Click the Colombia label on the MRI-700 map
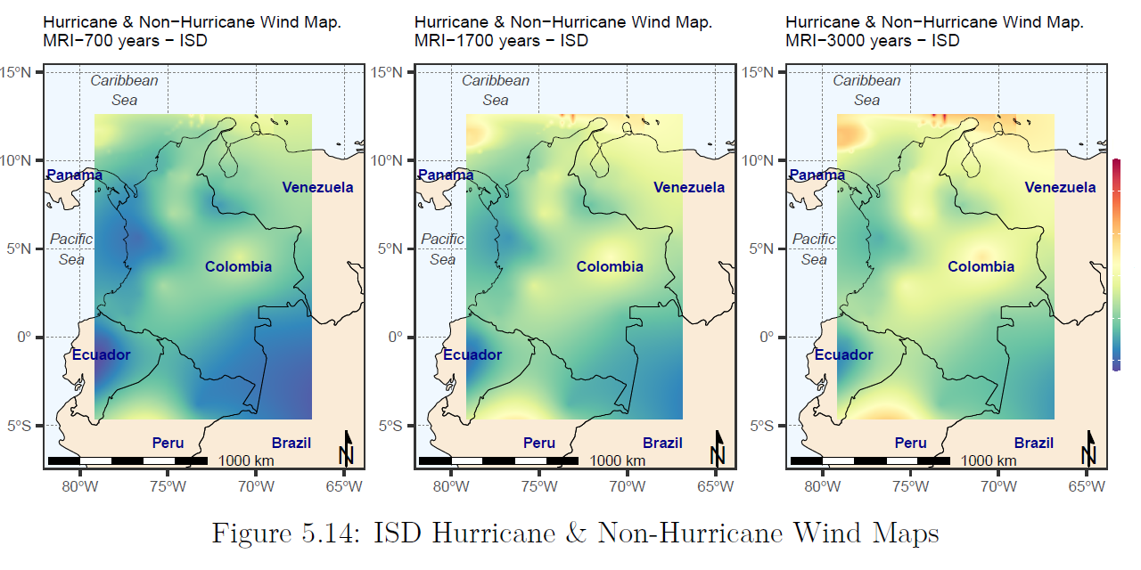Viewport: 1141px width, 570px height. click(x=238, y=266)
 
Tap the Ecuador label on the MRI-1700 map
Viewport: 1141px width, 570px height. click(x=472, y=354)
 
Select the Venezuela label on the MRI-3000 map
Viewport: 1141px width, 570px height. click(x=1060, y=187)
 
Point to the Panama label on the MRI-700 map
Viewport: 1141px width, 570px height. click(x=74, y=175)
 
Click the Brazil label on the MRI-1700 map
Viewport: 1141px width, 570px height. click(x=662, y=443)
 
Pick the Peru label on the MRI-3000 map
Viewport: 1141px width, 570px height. click(x=910, y=443)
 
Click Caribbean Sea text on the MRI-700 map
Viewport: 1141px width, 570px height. click(x=124, y=90)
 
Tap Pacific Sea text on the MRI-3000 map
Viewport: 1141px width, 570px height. click(x=814, y=248)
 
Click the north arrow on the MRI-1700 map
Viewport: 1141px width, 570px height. click(x=718, y=448)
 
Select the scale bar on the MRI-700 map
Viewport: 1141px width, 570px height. click(x=127, y=460)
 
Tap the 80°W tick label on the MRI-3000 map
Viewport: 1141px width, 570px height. click(x=822, y=486)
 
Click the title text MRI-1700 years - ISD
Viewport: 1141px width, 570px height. click(x=501, y=40)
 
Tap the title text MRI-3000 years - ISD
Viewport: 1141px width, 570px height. click(x=872, y=40)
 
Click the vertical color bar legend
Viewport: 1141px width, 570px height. click(x=1117, y=264)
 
